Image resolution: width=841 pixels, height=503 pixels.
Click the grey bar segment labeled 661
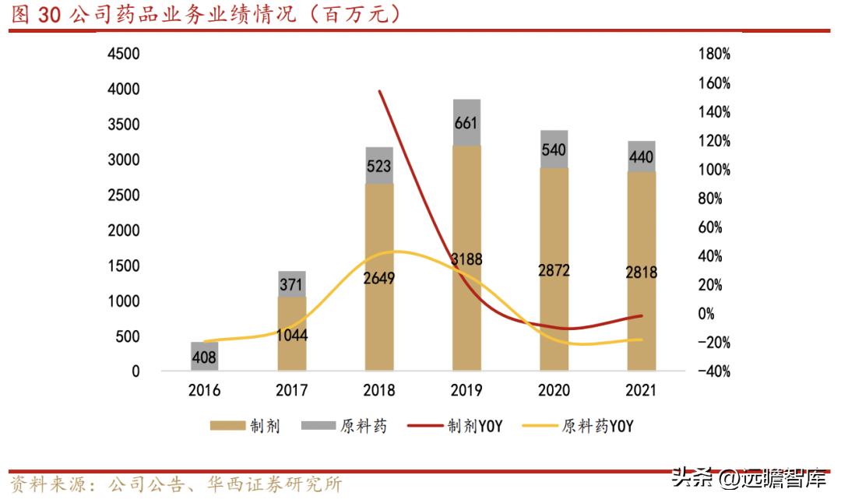[466, 122]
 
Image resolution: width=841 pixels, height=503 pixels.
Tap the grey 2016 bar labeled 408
[204, 357]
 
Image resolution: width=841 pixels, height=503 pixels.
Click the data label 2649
[379, 278]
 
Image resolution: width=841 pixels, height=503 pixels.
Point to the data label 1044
[292, 336]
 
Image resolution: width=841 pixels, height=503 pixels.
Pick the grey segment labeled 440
[641, 157]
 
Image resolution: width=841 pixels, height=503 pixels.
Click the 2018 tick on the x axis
[379, 390]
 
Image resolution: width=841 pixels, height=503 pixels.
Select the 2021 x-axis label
[641, 390]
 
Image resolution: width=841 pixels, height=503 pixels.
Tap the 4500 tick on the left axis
[124, 54]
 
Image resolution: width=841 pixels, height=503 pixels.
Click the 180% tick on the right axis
[714, 54]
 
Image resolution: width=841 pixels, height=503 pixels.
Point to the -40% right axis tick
[713, 371]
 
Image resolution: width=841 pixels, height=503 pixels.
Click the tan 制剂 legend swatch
[225, 426]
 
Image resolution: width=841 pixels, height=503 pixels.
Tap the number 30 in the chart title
[48, 15]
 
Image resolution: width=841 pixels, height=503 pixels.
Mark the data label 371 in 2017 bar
[292, 285]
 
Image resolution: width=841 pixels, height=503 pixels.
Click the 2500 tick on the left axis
[124, 195]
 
